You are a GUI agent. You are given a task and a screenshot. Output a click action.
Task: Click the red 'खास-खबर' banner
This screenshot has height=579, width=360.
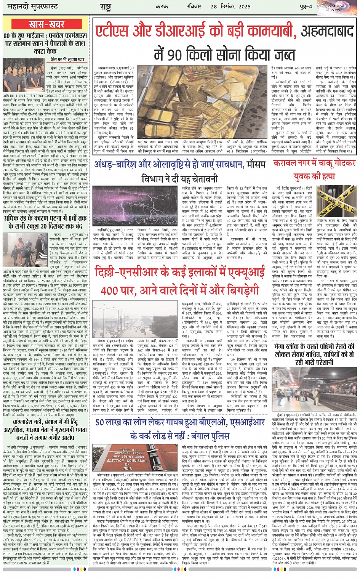[x=46, y=25]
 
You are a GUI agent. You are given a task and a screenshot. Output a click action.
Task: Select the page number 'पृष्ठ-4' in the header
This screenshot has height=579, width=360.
[x=305, y=7]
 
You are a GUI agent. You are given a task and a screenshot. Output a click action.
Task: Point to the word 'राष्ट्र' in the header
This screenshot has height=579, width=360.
[x=105, y=7]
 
